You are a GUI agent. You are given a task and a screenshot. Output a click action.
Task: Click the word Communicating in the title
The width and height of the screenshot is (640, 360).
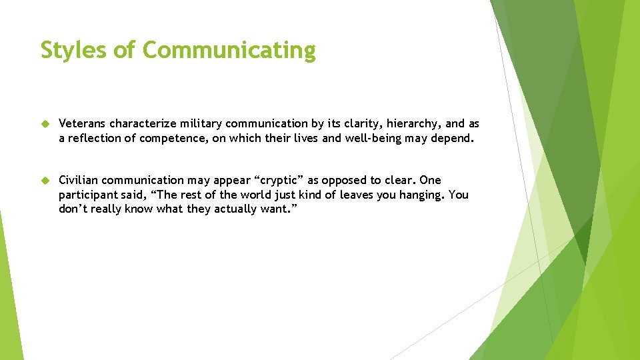(229, 50)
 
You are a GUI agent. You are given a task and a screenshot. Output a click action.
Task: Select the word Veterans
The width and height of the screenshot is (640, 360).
(83, 124)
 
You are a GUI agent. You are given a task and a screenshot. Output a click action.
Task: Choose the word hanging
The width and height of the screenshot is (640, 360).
(422, 195)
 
